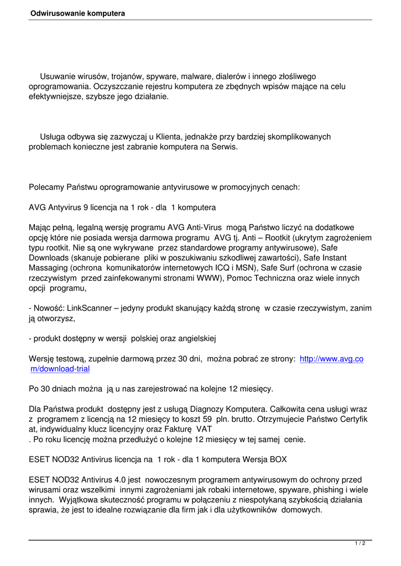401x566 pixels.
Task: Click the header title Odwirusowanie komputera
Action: [x=78, y=13]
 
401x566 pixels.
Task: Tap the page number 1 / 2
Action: [x=360, y=544]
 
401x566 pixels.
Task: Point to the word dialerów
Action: [x=227, y=76]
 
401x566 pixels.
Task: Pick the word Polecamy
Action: [x=46, y=187]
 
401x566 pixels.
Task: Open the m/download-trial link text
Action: [x=60, y=369]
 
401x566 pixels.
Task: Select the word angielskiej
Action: [x=196, y=338]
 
